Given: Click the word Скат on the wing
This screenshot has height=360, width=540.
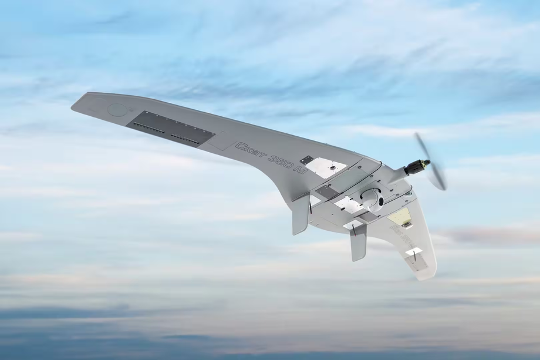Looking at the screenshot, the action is (x=251, y=151).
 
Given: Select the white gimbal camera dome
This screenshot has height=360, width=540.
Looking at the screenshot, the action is (x=373, y=200).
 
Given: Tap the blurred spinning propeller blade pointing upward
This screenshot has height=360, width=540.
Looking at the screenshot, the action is (x=422, y=146).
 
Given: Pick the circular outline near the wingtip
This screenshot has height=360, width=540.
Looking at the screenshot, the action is (x=116, y=109).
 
